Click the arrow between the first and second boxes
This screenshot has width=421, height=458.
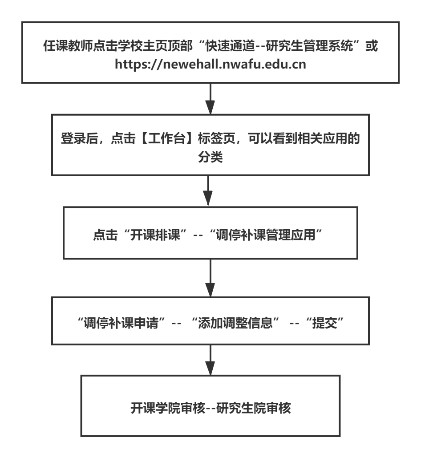coord(210,99)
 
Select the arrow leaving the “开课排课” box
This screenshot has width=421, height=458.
coord(210,277)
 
